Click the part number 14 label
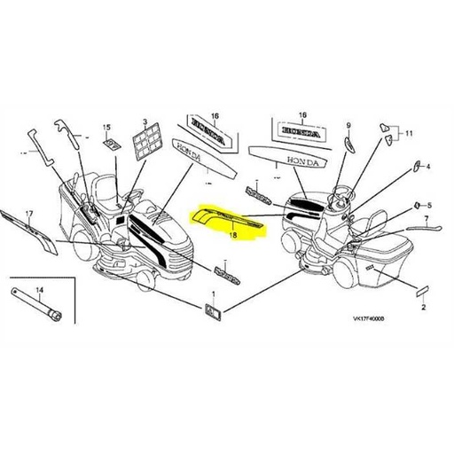[x=38, y=290]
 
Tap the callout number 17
[x=28, y=214]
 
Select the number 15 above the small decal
[x=107, y=127]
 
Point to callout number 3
[x=145, y=121]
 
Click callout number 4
[x=428, y=167]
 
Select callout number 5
[x=428, y=204]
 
